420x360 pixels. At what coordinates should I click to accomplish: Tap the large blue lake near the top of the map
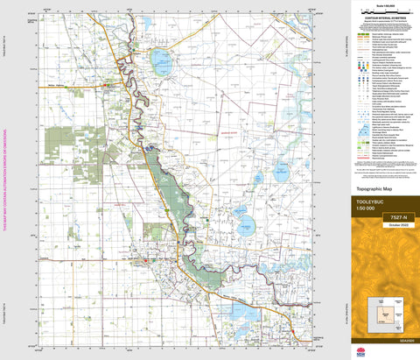point(161,61)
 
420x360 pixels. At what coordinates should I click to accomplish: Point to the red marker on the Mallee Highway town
point(105,85)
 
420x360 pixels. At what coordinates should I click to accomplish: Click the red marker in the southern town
point(146,260)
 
